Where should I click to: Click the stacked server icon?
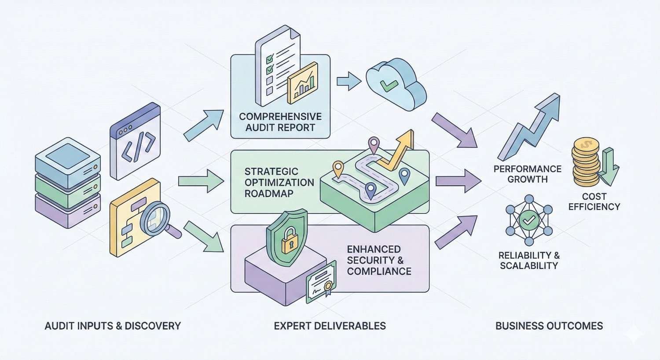coord(68,182)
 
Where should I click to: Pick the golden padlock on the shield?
coord(287,242)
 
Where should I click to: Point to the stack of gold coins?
coord(586,162)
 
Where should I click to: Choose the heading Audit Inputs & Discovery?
coord(113,326)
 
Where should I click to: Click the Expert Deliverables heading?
coord(330,326)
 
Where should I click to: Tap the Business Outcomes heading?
coord(549,326)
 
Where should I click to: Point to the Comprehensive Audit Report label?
coord(280,122)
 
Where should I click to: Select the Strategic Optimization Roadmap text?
coord(279,182)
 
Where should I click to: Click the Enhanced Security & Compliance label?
coord(379,260)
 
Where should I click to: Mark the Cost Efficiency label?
coord(594,202)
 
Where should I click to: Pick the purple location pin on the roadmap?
coord(374,144)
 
